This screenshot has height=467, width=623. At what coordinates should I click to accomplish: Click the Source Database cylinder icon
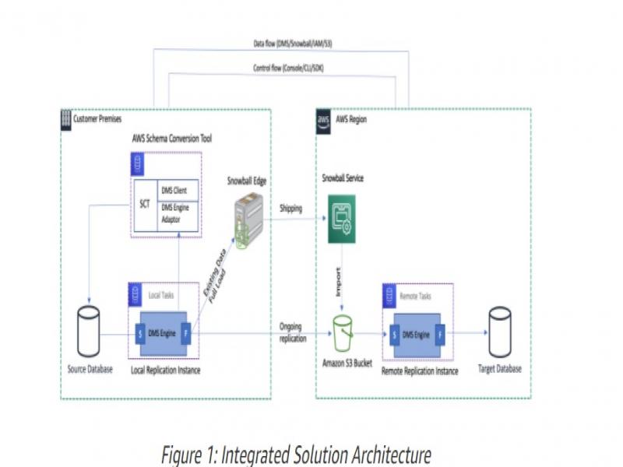point(89,330)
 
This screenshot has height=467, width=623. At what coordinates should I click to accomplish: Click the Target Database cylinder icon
point(499,331)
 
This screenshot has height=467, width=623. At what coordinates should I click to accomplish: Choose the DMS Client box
point(178,190)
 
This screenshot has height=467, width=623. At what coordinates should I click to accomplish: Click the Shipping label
point(291,209)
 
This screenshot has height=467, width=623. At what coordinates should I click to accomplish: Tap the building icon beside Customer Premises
point(65,120)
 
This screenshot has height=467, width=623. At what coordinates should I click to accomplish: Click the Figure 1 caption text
point(295,455)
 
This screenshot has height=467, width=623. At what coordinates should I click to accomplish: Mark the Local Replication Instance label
point(165,370)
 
